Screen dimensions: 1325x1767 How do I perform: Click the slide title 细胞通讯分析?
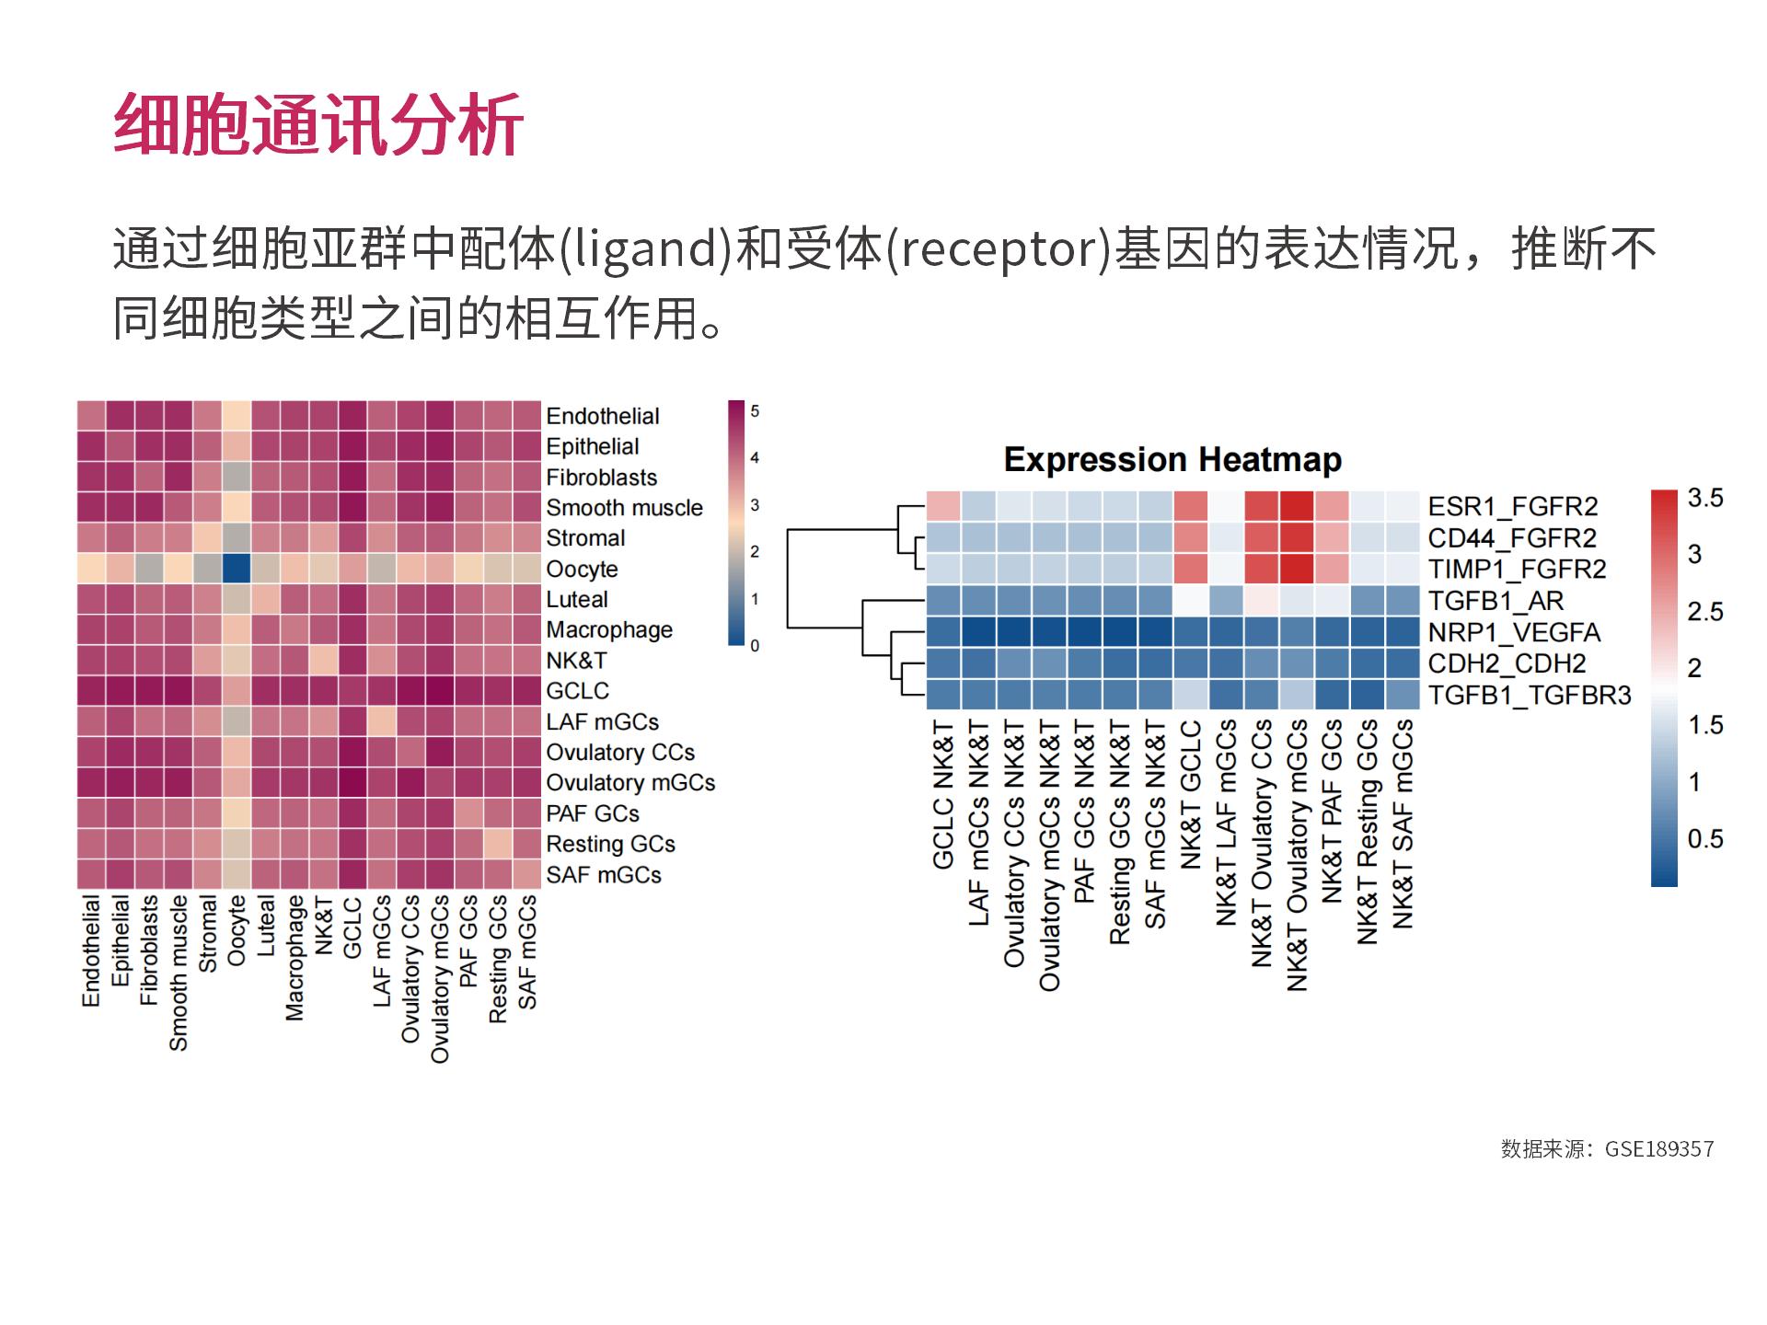[x=318, y=124]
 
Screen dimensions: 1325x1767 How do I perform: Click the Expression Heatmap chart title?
[x=1172, y=459]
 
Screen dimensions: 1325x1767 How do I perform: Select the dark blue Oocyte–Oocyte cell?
[x=237, y=569]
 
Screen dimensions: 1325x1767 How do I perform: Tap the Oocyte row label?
[x=582, y=569]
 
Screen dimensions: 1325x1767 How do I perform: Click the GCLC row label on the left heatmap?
[x=577, y=691]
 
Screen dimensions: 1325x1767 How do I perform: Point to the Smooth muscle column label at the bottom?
[x=179, y=973]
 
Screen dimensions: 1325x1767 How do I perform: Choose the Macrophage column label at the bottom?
[x=294, y=958]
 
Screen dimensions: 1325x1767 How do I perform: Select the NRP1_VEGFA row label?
[x=1514, y=633]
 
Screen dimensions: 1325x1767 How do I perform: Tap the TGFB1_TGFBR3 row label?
[x=1529, y=696]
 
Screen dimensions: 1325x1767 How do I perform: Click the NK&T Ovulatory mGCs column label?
[x=1297, y=856]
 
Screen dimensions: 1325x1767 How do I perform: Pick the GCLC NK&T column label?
[x=943, y=795]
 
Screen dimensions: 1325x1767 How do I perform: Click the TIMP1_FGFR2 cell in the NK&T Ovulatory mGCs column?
[x=1296, y=569]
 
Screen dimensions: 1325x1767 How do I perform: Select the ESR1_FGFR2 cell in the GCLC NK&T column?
[x=943, y=506]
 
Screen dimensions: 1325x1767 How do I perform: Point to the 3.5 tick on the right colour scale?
[x=1704, y=499]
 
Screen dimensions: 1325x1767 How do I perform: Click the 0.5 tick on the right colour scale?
[x=1704, y=839]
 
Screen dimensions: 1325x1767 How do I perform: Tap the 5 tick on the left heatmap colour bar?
[x=755, y=411]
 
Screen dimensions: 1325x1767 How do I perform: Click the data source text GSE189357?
[x=1658, y=1149]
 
